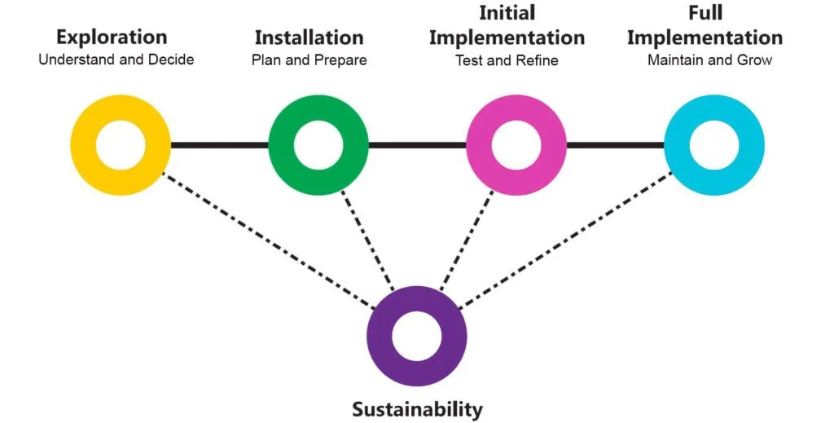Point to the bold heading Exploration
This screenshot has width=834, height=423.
click(112, 37)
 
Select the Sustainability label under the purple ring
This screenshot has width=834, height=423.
click(417, 408)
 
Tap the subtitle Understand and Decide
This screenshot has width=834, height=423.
click(116, 59)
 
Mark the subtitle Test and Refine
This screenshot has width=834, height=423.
click(507, 59)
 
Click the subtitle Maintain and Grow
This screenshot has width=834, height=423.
click(709, 59)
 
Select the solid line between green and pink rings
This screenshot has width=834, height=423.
click(417, 146)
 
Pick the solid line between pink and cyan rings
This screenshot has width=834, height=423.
click(615, 146)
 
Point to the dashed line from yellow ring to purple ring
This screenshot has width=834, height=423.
click(269, 241)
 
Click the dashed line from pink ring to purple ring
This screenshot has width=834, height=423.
click(466, 240)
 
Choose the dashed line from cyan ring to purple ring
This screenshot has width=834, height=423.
click(565, 241)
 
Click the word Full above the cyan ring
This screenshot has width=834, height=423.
click(705, 13)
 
